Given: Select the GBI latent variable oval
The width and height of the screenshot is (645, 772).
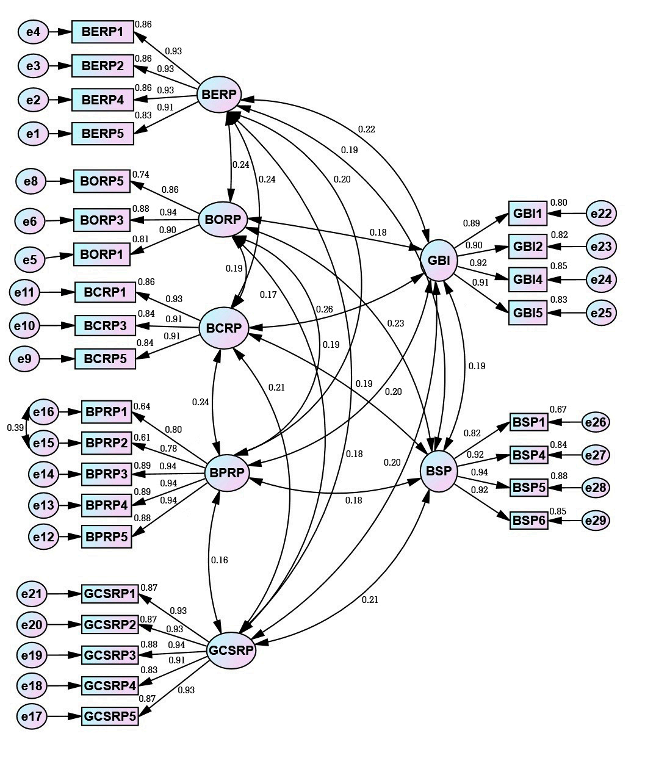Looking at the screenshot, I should [439, 261].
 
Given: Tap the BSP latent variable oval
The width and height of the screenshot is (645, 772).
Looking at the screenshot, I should [439, 471].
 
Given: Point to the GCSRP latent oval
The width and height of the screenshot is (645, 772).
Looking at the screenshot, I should [231, 650].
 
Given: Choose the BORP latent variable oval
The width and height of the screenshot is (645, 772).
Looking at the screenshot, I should [223, 219].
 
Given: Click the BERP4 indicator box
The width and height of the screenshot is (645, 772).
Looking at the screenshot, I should [103, 99].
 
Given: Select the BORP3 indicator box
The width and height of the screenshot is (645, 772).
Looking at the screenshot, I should [102, 220].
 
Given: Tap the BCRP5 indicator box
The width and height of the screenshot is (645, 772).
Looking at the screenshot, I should [105, 359].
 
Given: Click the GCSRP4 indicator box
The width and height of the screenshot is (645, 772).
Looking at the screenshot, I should [110, 686].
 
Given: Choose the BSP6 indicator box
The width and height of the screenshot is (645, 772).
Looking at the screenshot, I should [529, 521].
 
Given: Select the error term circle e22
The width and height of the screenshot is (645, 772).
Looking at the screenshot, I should [601, 214].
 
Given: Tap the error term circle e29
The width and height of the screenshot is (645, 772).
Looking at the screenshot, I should [596, 521].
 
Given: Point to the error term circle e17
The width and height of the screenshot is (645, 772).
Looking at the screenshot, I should [32, 716].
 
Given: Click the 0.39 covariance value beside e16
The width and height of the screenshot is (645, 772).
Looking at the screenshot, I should [15, 427].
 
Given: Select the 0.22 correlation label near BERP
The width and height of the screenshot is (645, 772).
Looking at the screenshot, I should [367, 129].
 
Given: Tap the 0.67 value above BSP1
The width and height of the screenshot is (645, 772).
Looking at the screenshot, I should [558, 409].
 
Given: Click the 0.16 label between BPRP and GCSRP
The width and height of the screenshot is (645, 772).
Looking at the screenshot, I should [219, 560].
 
